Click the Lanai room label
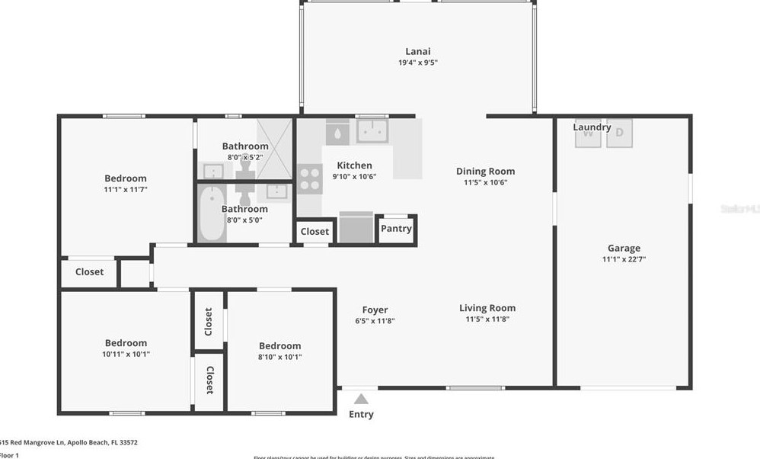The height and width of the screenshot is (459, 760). pyautogui.click(x=418, y=51)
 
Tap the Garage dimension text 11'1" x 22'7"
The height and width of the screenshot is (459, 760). pyautogui.click(x=624, y=259)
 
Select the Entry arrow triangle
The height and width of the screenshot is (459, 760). pyautogui.click(x=361, y=399)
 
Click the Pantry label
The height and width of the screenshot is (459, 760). pyautogui.click(x=396, y=228)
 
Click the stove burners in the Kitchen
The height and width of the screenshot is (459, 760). pyautogui.click(x=309, y=178)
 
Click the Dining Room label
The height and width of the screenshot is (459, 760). pyautogui.click(x=485, y=172)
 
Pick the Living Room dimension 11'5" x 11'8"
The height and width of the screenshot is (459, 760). pyautogui.click(x=487, y=319)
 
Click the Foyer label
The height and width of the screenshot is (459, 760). pyautogui.click(x=375, y=310)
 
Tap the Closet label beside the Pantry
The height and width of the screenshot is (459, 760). pyautogui.click(x=315, y=231)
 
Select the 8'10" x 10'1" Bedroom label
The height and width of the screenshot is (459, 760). pyautogui.click(x=279, y=345)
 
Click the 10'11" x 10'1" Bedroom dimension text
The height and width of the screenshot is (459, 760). pyautogui.click(x=126, y=354)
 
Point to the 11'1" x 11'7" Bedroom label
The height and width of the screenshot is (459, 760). pyautogui.click(x=126, y=178)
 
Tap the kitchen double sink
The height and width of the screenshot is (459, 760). pyautogui.click(x=372, y=130)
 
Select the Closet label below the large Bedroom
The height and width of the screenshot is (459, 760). pyautogui.click(x=89, y=271)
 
